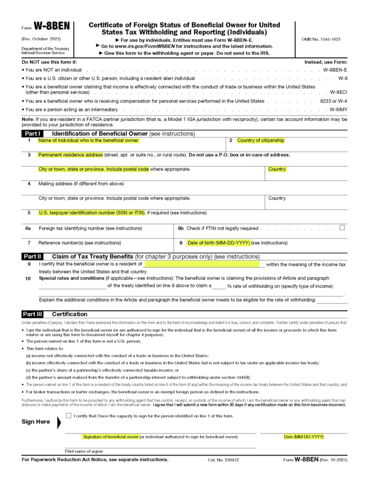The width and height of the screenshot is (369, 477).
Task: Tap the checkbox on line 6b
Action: [342, 228]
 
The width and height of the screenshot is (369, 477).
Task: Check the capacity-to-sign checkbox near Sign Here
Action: [69, 415]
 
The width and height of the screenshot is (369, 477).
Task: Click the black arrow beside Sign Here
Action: [58, 422]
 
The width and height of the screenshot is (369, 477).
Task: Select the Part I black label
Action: [32, 134]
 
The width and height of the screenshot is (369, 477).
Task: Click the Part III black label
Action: [32, 314]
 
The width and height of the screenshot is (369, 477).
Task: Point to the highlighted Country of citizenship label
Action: [260, 140]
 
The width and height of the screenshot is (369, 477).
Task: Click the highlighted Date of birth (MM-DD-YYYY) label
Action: [219, 243]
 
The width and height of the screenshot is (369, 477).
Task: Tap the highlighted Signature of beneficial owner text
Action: [111, 437]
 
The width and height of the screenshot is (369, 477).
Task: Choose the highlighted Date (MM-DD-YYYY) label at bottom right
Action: [304, 437]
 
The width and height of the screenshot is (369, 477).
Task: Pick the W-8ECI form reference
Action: [339, 93]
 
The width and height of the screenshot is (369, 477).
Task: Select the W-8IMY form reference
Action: [339, 110]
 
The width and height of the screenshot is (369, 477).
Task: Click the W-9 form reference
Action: [343, 78]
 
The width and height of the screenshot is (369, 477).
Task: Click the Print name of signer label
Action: [84, 451]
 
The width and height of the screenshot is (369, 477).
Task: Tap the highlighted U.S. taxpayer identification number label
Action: [92, 212]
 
